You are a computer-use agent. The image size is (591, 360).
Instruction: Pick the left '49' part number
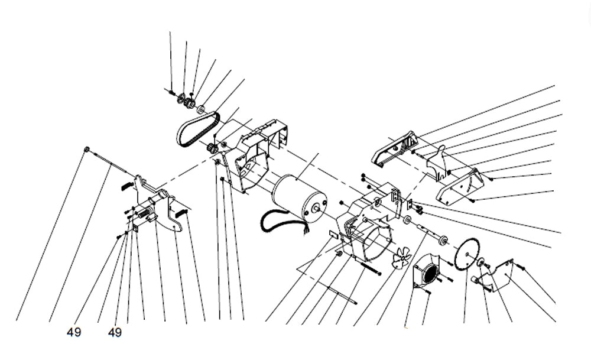pyautogui.click(x=74, y=333)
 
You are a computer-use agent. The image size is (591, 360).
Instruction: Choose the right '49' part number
pyautogui.click(x=115, y=333)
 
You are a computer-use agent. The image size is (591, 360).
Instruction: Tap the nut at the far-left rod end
pyautogui.click(x=87, y=150)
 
